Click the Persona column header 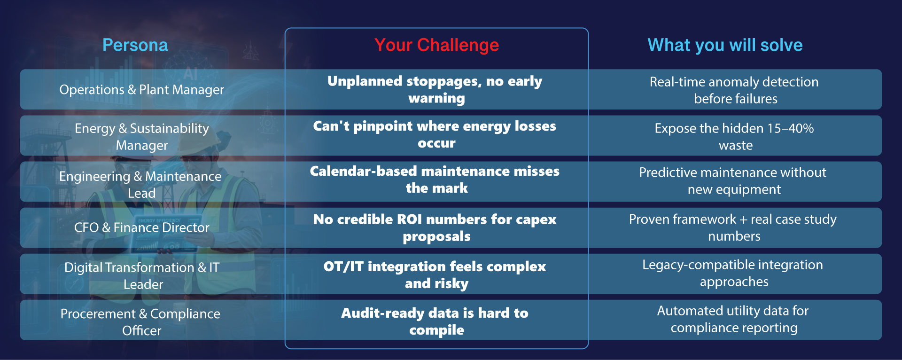click(x=135, y=45)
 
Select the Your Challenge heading click(x=436, y=46)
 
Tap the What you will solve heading click(x=725, y=46)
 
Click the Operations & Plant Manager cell click(x=142, y=90)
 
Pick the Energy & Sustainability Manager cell click(x=142, y=137)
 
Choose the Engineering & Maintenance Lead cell click(x=140, y=184)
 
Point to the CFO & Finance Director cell click(x=142, y=227)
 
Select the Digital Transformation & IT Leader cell click(x=142, y=276)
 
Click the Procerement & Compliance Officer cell click(x=140, y=322)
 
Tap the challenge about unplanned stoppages click(x=435, y=89)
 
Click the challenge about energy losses click(x=435, y=134)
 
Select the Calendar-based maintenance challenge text click(x=435, y=180)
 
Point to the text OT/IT click(x=343, y=266)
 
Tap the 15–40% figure click(x=790, y=128)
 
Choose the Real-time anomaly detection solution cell click(x=734, y=90)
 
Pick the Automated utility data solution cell click(x=734, y=319)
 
